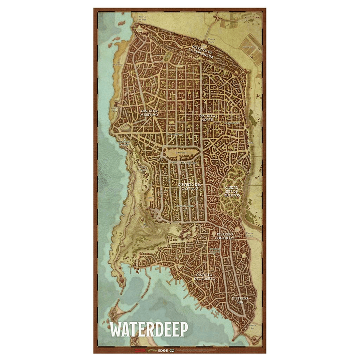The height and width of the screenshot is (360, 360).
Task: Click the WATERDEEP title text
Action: [x=148, y=330]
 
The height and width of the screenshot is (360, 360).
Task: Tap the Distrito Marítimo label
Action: [x=150, y=113]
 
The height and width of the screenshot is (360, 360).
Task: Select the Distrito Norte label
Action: [x=206, y=117]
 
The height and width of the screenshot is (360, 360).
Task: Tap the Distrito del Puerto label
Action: [x=205, y=277]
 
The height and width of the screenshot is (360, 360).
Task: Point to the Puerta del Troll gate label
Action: [x=143, y=18]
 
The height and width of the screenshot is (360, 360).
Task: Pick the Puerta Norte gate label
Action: [x=211, y=39]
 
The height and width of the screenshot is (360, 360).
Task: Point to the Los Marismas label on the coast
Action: [x=118, y=64]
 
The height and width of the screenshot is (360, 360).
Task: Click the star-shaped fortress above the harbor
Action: [x=186, y=231]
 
